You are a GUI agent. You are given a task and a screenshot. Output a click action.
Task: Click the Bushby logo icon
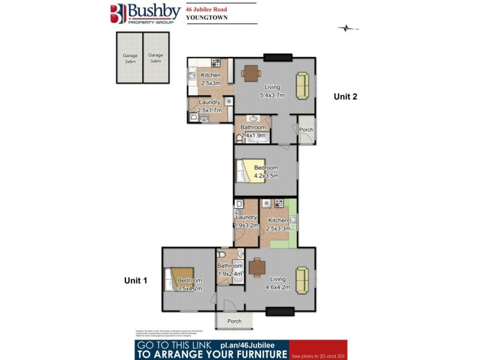(116, 13)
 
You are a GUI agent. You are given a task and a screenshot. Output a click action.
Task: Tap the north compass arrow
(347, 28)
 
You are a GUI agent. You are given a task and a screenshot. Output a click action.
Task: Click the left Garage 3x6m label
(129, 58)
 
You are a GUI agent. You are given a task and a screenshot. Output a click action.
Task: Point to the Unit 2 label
(346, 97)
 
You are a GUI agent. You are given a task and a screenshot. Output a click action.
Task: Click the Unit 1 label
(136, 280)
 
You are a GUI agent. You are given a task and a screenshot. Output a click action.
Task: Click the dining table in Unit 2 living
(250, 73)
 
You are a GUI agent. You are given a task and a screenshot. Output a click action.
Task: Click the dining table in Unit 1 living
(257, 266)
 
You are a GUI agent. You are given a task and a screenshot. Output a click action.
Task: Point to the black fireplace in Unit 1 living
(280, 311)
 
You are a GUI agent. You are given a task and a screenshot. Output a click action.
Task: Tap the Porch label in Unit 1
(235, 321)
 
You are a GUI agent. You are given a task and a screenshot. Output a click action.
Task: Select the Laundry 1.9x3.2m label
(246, 221)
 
